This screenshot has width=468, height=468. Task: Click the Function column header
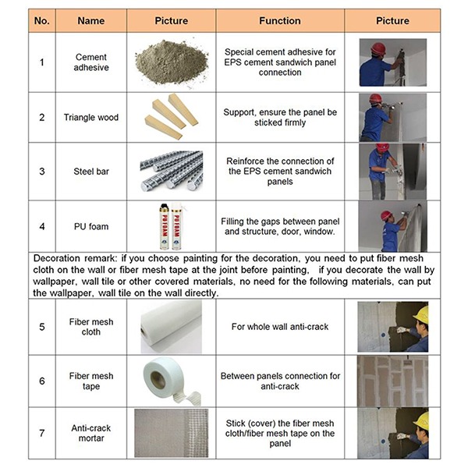(280, 20)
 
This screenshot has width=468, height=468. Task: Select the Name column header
(91, 20)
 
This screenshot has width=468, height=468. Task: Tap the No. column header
(42, 20)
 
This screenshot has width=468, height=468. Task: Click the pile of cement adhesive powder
(172, 62)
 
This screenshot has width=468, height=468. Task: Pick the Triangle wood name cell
(91, 117)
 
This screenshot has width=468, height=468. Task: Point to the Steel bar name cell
(91, 172)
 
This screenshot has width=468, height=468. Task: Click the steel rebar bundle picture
(172, 171)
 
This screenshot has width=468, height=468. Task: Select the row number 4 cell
(42, 226)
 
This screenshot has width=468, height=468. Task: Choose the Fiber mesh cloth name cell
(91, 327)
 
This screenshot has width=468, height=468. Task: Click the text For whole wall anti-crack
(280, 327)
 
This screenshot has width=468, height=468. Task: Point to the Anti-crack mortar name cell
(91, 433)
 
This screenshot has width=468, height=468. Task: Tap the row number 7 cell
(42, 433)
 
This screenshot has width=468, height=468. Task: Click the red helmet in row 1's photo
(378, 48)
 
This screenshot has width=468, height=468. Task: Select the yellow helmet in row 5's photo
(421, 314)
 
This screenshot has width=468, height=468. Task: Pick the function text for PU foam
(280, 226)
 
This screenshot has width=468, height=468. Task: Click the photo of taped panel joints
(392, 381)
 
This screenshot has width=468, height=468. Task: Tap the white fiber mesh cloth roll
(172, 327)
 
